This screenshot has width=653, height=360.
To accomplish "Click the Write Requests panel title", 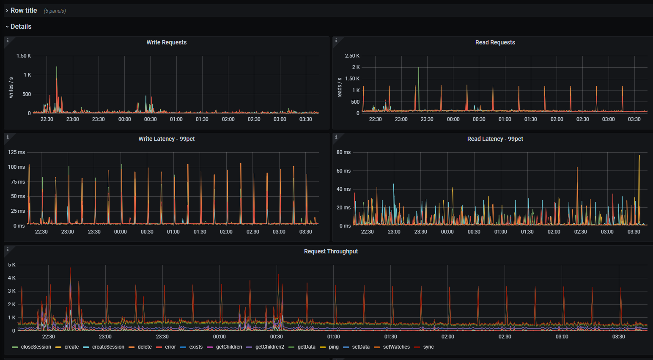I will [166, 42].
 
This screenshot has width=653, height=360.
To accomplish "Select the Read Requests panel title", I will [495, 42].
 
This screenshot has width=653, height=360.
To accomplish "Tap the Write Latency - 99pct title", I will [166, 139].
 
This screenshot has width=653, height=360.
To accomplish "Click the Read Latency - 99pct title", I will [495, 139].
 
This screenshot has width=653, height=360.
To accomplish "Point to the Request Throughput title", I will [331, 251].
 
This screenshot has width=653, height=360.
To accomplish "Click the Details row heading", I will [21, 26].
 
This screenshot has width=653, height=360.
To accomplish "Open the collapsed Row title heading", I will [24, 10].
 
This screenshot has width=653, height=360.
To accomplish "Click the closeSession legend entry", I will [36, 347].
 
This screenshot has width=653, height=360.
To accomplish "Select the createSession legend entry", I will [108, 347].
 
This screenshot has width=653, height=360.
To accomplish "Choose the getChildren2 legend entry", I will [269, 347].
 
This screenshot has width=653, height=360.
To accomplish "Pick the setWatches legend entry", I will [396, 347].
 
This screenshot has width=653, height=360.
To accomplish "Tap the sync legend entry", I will [428, 347].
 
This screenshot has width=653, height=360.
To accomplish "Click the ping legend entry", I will [334, 347].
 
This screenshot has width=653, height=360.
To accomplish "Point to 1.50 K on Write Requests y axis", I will [24, 56].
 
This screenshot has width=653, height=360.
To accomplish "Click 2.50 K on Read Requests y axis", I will [352, 56].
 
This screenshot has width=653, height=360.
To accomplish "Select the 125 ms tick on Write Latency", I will [16, 152].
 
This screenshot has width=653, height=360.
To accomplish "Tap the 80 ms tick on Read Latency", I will [343, 152].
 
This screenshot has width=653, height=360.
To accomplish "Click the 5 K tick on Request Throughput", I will [12, 265].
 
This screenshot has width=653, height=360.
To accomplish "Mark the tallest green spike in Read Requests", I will [419, 69].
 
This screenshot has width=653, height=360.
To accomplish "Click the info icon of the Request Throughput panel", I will [8, 250].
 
